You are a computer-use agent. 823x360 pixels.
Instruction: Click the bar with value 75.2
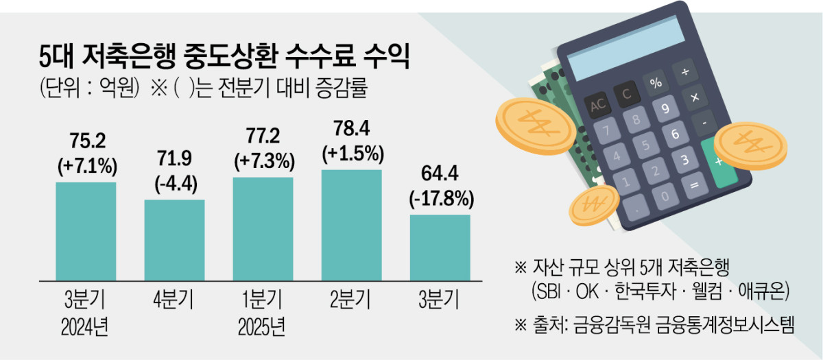[x=86, y=230]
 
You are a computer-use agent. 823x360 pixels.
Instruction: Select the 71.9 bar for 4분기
[x=174, y=239]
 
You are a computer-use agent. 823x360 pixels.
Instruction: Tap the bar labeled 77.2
[x=263, y=228]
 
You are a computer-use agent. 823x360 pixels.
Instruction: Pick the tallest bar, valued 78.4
[x=351, y=224]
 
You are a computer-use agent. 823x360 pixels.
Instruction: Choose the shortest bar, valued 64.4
[x=440, y=247]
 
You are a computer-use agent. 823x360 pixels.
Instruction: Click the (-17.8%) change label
[x=440, y=200]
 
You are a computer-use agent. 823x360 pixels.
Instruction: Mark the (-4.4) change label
[x=175, y=184]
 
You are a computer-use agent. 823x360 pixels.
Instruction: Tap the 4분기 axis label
[x=174, y=300]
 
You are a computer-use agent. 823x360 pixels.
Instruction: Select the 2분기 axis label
[x=351, y=300]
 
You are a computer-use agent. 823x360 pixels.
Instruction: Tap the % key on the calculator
[x=656, y=83]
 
